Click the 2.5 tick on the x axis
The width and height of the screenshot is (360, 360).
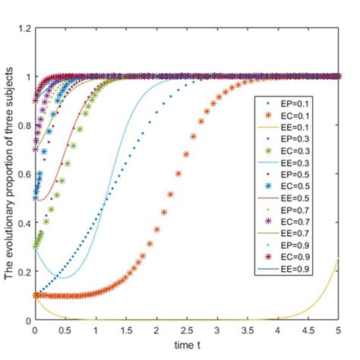click(187, 331)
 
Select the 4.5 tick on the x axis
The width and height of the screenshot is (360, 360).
click(308, 331)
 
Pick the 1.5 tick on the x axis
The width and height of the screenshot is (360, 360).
click(126, 331)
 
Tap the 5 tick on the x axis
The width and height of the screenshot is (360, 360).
click(339, 331)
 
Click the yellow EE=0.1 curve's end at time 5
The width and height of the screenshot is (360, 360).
click(339, 260)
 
